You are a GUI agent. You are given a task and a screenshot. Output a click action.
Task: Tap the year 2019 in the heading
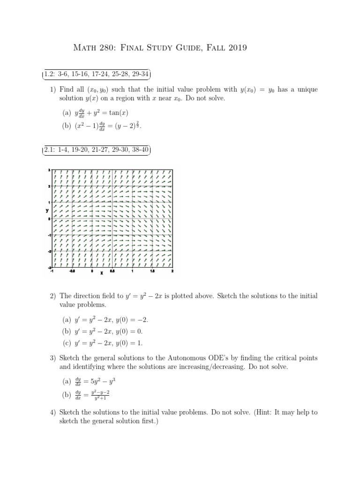(233, 48)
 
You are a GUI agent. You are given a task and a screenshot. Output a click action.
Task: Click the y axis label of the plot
(47, 210)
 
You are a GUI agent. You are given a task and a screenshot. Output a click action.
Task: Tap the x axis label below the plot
(102, 274)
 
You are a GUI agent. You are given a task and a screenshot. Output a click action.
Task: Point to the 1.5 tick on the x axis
(152, 271)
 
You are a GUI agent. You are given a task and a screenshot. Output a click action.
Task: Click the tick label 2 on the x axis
(172, 271)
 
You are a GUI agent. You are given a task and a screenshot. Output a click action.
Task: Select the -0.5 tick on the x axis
(72, 271)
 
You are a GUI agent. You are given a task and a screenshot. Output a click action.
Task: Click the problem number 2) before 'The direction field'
(53, 296)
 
